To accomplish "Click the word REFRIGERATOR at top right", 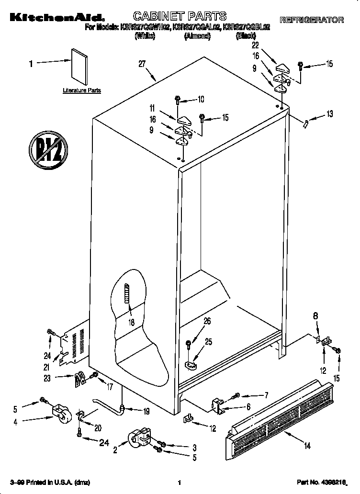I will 312,20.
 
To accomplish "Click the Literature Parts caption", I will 82,90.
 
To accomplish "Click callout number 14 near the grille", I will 307,446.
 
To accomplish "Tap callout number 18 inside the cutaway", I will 131,322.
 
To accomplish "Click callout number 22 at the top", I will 255,45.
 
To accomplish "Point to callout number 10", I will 200,100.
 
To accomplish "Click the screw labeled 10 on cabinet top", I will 177,100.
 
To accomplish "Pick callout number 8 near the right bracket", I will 315,315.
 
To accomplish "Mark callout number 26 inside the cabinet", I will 207,322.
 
